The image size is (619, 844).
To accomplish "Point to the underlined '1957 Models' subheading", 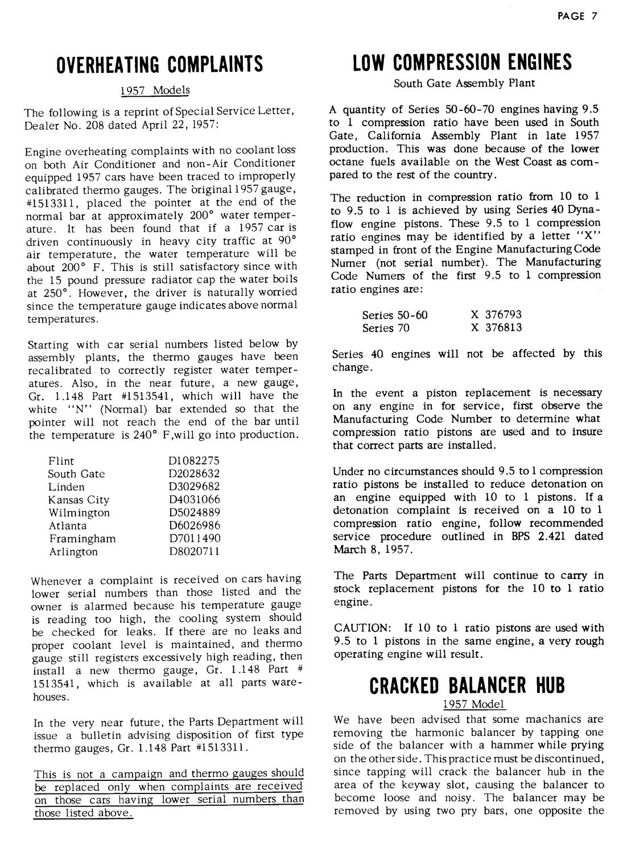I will (x=155, y=90).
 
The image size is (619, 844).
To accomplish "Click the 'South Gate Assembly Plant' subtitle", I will (x=465, y=83).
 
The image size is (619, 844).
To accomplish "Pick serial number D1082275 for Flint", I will (x=194, y=461).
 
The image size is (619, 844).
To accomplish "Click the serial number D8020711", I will (x=194, y=552).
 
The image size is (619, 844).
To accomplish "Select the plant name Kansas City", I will (x=79, y=500).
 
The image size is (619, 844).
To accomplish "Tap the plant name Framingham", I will (x=82, y=539).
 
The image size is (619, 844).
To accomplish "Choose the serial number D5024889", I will (x=194, y=512).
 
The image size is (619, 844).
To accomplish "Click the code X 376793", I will (x=496, y=315).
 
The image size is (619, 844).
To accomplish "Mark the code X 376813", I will (x=496, y=328).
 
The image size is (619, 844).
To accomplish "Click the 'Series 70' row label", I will (x=378, y=328).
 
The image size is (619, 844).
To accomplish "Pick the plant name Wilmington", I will (x=79, y=513).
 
